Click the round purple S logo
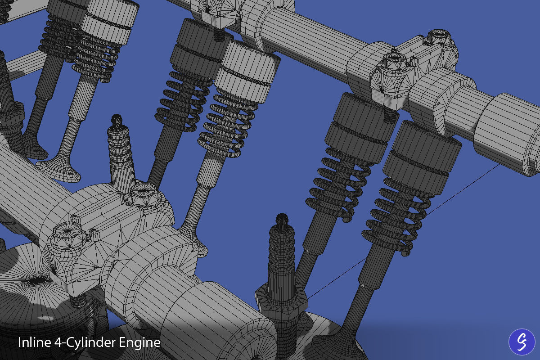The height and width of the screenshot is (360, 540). pyautogui.click(x=522, y=342)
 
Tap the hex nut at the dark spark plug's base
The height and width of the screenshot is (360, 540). pyautogui.click(x=281, y=299)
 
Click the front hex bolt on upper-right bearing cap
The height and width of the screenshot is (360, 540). pyautogui.click(x=394, y=61)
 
